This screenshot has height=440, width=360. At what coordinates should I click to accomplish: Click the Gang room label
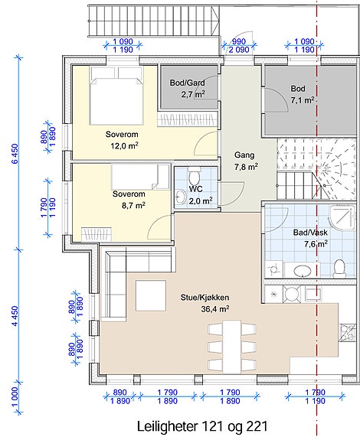click(244, 155)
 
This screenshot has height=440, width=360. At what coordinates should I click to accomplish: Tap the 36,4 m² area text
click(215, 309)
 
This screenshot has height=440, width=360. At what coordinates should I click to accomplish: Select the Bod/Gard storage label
click(188, 83)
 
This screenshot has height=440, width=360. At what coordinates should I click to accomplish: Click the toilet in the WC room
click(195, 176)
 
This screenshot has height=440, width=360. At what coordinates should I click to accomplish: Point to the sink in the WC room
click(180, 197)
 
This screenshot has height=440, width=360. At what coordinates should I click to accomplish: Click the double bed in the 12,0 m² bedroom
click(116, 96)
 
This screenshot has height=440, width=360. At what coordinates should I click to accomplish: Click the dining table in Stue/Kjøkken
click(232, 347)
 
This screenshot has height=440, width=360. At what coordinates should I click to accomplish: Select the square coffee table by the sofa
click(151, 296)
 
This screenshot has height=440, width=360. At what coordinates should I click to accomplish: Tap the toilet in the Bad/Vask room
click(339, 269)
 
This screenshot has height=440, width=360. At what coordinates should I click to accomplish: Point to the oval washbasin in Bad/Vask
click(303, 271)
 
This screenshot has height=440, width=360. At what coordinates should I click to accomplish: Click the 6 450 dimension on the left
click(15, 154)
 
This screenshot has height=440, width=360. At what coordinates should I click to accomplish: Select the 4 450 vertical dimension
click(15, 316)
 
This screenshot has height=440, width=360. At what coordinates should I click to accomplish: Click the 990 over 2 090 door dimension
click(239, 46)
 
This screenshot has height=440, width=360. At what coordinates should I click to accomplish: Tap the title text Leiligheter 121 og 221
click(202, 426)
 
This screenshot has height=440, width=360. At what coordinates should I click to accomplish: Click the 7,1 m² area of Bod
click(302, 100)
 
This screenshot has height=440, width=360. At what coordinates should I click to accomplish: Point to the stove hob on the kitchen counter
click(347, 332)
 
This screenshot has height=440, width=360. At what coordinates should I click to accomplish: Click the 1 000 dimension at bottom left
click(15, 397)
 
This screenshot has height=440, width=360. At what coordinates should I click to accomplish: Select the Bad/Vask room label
click(310, 233)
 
